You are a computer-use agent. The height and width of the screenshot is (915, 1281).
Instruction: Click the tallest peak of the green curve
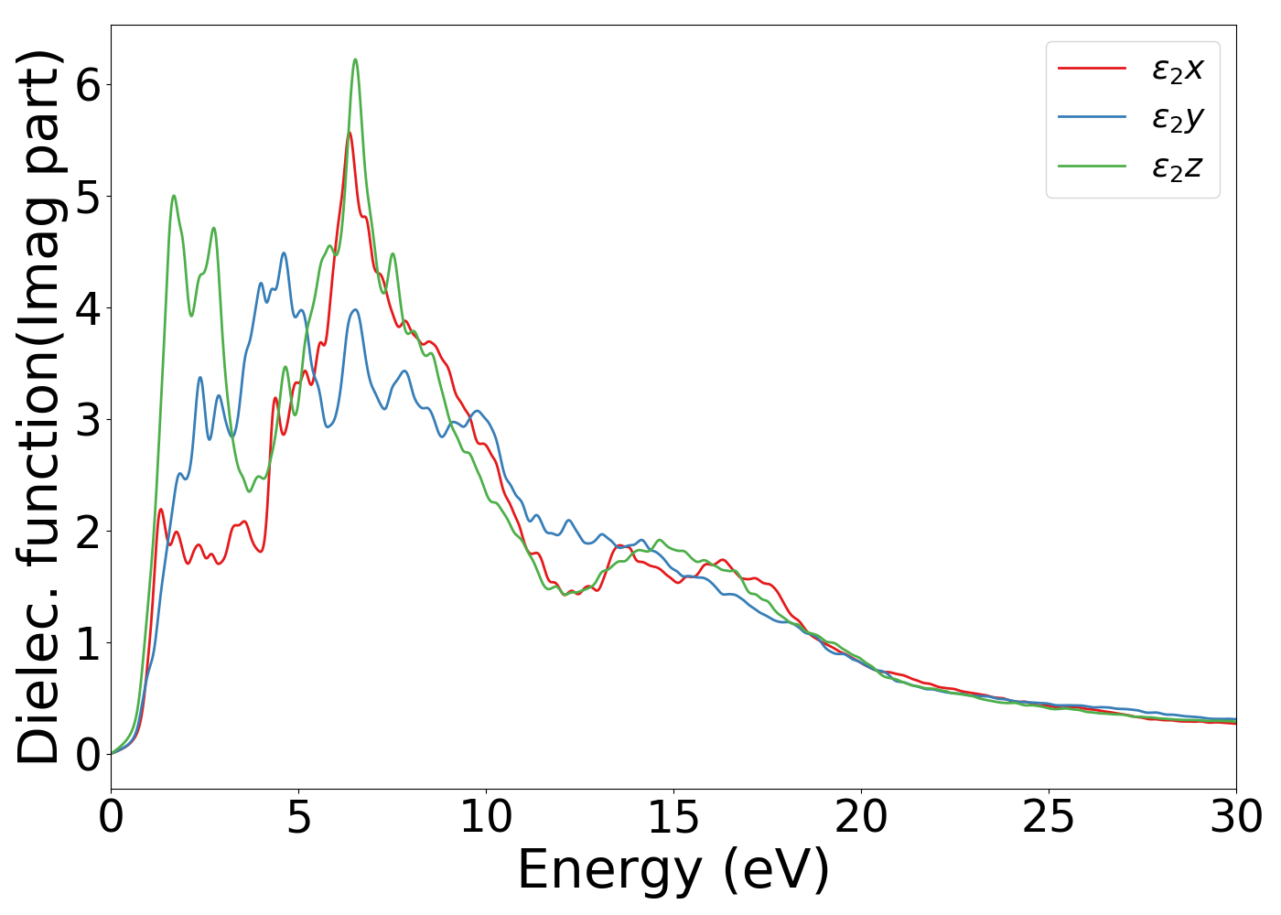pyautogui.click(x=355, y=60)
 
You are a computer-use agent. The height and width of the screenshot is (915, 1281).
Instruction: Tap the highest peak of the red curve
pyautogui.click(x=350, y=134)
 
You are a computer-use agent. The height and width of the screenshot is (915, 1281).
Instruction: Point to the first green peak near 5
pyautogui.click(x=174, y=196)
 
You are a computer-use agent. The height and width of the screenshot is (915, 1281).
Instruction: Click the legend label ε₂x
pyautogui.click(x=1178, y=69)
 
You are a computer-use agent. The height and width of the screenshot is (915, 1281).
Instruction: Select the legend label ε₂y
pyautogui.click(x=1178, y=118)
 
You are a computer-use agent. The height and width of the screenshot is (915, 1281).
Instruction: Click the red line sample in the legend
pyautogui.click(x=1092, y=68)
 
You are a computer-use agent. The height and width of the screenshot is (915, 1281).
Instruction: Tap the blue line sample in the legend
pyautogui.click(x=1092, y=117)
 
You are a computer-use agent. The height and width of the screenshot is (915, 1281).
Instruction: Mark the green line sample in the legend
pyautogui.click(x=1092, y=167)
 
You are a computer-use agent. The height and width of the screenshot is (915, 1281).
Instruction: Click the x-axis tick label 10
pyautogui.click(x=486, y=817)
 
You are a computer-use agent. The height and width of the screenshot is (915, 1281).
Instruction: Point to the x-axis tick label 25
pyautogui.click(x=1049, y=817)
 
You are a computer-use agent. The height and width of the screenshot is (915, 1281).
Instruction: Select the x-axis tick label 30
pyautogui.click(x=1236, y=817)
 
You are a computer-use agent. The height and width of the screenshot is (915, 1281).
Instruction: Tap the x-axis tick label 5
pyautogui.click(x=298, y=817)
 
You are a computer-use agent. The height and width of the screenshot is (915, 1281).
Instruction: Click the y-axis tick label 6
pyautogui.click(x=88, y=84)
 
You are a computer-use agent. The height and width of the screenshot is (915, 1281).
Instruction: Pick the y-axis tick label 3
pyautogui.click(x=88, y=419)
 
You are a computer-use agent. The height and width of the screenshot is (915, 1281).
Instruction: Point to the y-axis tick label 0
pyautogui.click(x=88, y=754)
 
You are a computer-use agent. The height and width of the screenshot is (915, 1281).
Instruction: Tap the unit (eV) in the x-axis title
pyautogui.click(x=776, y=870)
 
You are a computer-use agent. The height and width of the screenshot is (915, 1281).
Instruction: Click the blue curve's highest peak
pyautogui.click(x=284, y=253)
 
